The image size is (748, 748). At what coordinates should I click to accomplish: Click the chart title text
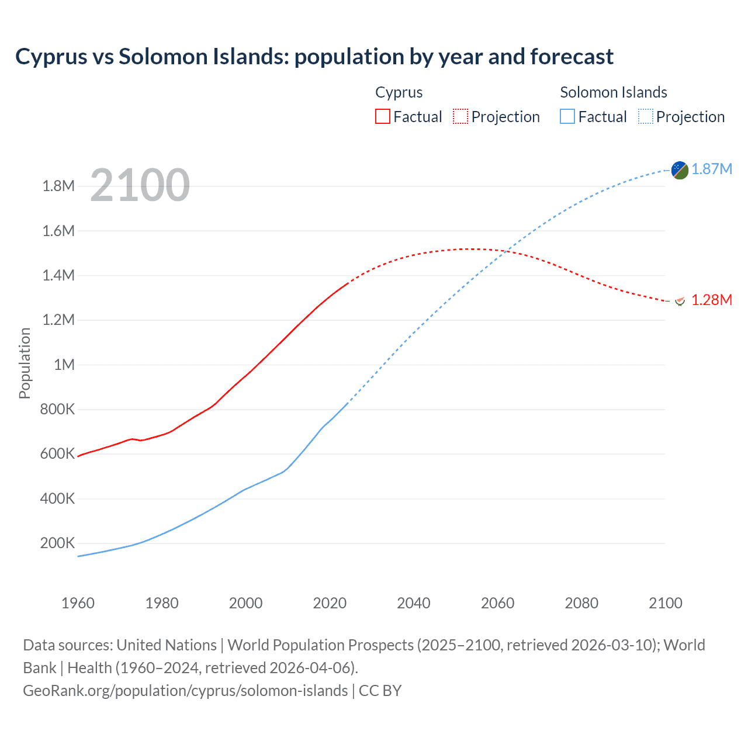[314, 57]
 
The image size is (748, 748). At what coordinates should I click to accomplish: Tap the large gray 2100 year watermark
[140, 185]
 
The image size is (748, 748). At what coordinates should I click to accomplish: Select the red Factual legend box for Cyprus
[382, 116]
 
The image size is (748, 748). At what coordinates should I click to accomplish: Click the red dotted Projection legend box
[460, 116]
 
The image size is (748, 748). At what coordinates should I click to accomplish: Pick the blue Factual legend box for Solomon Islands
[567, 116]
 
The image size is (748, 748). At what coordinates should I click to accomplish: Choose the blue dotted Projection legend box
[645, 116]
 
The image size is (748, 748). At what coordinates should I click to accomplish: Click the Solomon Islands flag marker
[680, 170]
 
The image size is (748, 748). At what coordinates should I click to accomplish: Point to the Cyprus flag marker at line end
[680, 301]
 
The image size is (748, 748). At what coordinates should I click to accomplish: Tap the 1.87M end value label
[712, 169]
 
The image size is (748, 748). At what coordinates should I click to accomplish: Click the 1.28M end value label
[712, 300]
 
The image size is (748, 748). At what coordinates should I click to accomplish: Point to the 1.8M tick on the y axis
[58, 186]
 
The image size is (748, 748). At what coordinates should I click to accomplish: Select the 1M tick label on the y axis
[64, 365]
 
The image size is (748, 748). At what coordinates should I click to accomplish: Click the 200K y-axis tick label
[57, 543]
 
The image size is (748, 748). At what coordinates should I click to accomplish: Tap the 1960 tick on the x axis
[78, 603]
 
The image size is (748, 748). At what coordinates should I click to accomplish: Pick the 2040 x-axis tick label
[414, 603]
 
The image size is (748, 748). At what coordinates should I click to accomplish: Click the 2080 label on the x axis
[581, 603]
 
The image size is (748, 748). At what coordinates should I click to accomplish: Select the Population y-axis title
[25, 363]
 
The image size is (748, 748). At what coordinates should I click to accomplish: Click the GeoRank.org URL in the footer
[185, 691]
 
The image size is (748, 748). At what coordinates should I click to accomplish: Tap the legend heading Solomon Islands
[614, 92]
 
